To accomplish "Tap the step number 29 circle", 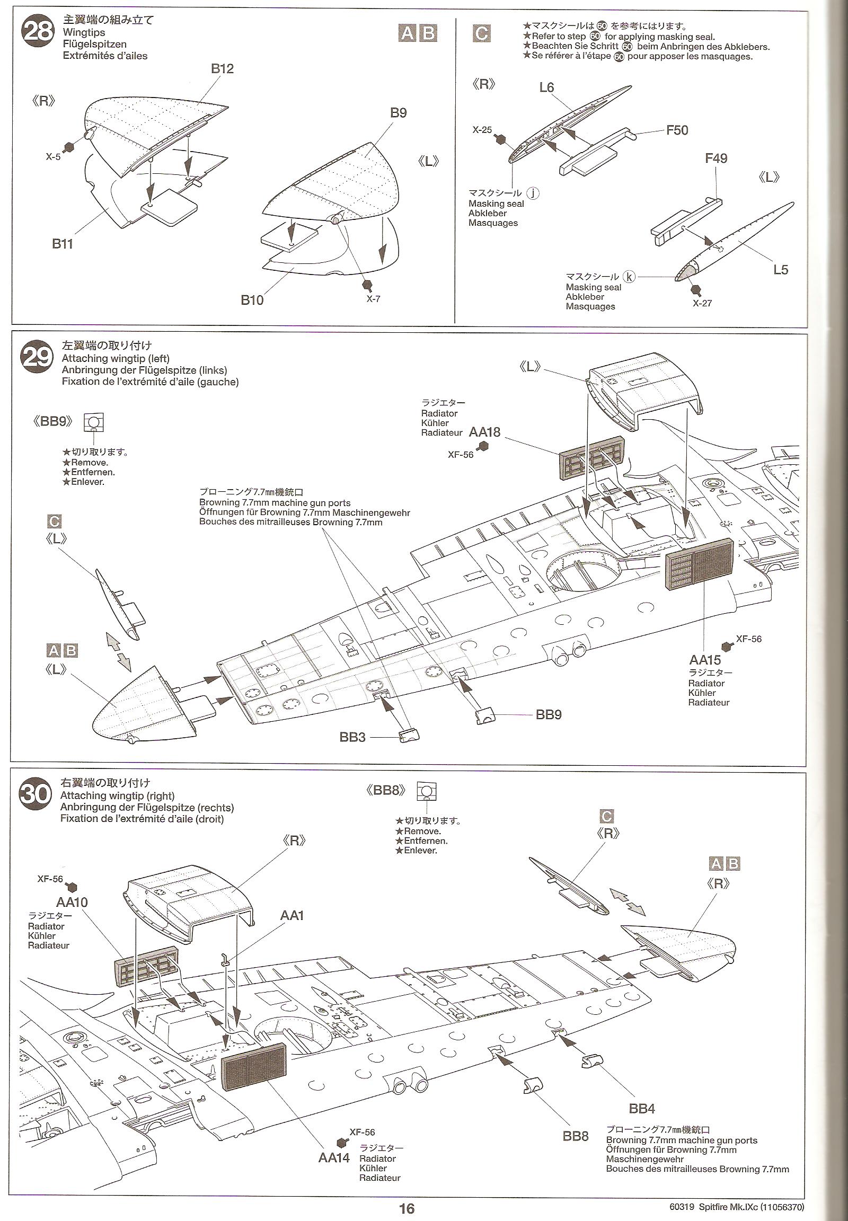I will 37,358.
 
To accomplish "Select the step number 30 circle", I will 36,795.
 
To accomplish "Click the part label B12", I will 222,69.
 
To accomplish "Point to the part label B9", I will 398,113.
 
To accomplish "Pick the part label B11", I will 62,244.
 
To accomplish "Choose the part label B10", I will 252,300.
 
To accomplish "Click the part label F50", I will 677,130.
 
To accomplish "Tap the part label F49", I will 715,158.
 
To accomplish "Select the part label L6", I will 546,87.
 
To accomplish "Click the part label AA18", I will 484,432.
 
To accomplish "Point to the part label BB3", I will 352,738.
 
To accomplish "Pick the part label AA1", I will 291,915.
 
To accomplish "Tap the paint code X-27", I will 702,303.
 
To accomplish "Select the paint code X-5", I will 53,157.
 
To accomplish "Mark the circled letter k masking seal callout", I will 630,276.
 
